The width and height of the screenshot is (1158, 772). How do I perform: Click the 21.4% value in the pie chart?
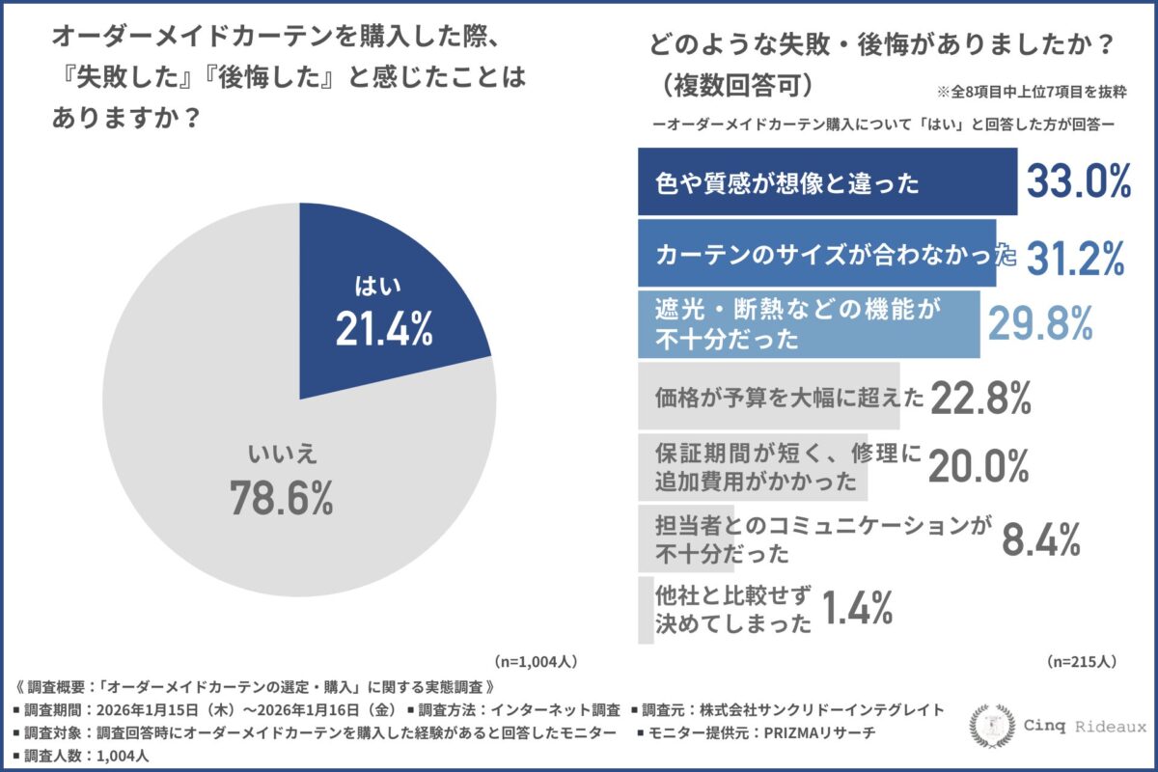pyautogui.click(x=384, y=330)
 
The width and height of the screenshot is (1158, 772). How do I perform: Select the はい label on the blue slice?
pyautogui.click(x=377, y=286)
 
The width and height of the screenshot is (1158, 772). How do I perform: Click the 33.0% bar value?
pyautogui.click(x=1077, y=181)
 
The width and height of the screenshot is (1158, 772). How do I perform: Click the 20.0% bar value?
pyautogui.click(x=979, y=467)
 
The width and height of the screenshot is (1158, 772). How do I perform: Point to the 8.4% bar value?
pyautogui.click(x=1040, y=540)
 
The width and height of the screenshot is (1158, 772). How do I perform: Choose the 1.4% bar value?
pyautogui.click(x=857, y=608)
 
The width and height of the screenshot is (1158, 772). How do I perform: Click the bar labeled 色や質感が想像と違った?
pyautogui.click(x=826, y=182)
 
